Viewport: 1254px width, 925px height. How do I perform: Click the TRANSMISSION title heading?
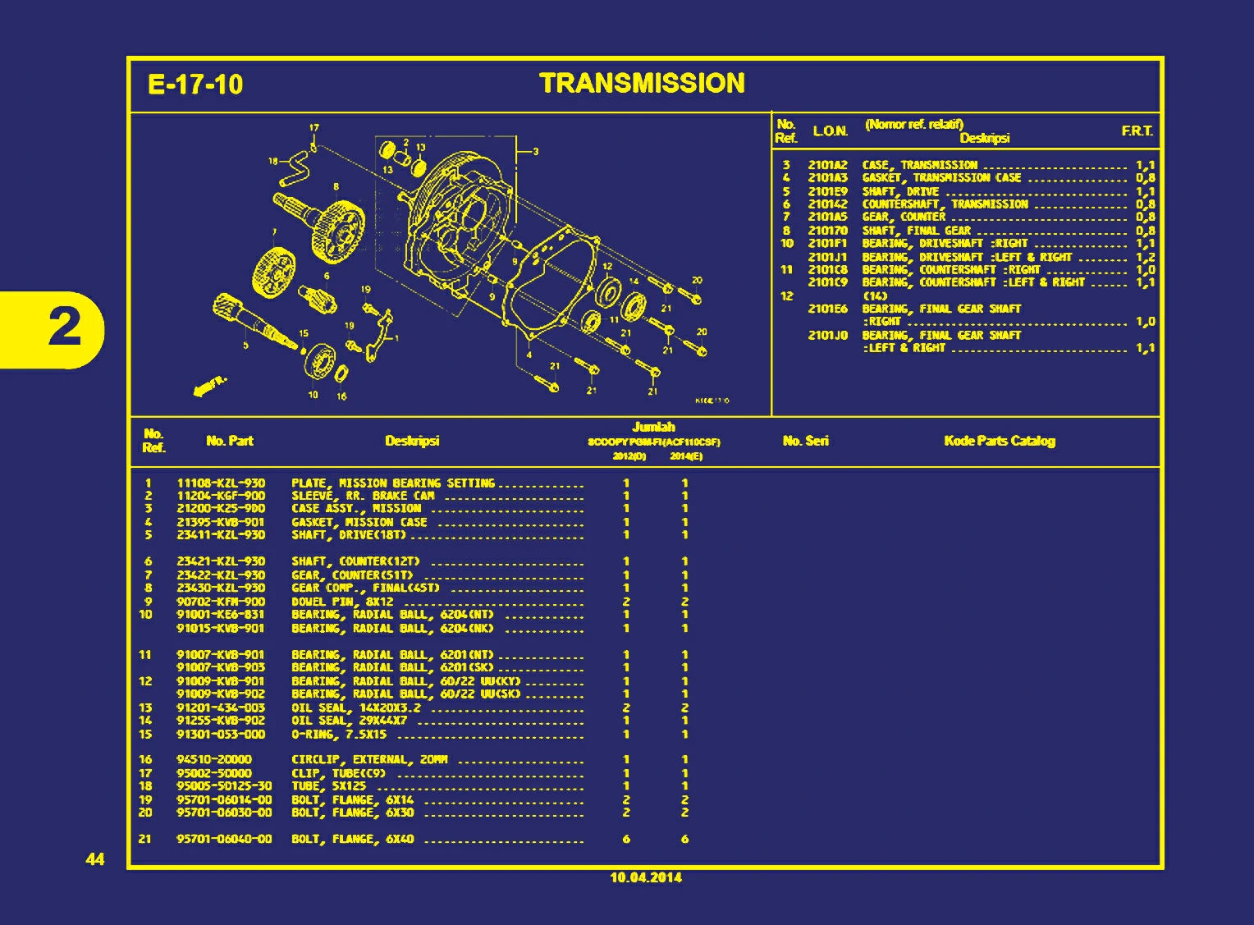click(x=642, y=84)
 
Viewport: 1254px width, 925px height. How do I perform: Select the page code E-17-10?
click(x=195, y=85)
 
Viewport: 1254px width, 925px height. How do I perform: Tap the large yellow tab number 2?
click(x=65, y=328)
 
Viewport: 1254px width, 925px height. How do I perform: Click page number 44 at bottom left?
click(x=95, y=859)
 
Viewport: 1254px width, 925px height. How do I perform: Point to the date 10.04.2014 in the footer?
click(x=645, y=877)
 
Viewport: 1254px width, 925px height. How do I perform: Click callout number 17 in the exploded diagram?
click(x=313, y=128)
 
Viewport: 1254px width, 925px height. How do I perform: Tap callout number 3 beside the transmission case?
click(x=536, y=151)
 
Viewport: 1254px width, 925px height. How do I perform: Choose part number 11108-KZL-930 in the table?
click(x=221, y=483)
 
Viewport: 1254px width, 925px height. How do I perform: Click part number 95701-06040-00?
click(x=224, y=839)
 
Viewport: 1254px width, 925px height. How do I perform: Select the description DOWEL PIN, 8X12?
click(x=342, y=602)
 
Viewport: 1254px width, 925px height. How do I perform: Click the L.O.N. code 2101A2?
click(x=827, y=165)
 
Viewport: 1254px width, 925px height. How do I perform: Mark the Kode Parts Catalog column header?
click(x=999, y=441)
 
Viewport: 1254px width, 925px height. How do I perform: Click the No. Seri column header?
click(x=805, y=441)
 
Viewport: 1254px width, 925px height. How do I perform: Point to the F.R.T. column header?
click(x=1137, y=131)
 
